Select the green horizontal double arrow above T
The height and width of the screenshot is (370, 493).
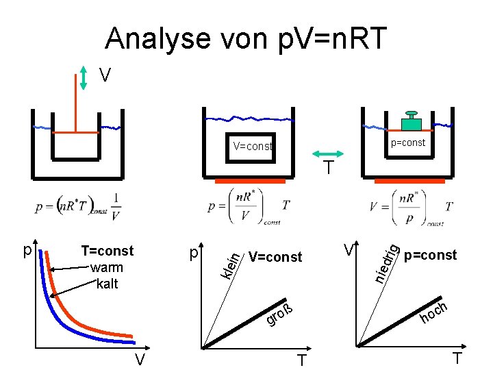pos(328,154)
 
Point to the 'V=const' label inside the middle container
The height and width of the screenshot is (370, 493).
pos(252,146)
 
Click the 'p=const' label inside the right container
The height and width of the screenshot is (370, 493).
pos(407,143)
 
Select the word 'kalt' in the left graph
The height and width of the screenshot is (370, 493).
pos(107,283)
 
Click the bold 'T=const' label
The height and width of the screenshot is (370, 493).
pos(108,251)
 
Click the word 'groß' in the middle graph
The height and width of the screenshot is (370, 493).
pos(280,315)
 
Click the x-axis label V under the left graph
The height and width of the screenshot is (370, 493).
pos(139,359)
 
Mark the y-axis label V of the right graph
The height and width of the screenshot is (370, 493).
pos(349,249)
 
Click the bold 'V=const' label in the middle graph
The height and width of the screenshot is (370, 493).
pos(275,257)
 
